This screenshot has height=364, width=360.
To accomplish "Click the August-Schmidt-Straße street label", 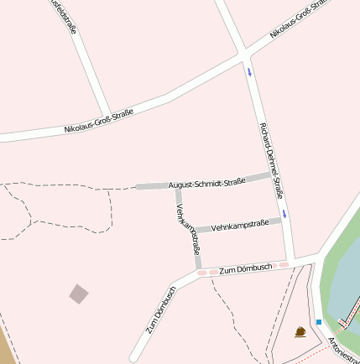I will (206, 181).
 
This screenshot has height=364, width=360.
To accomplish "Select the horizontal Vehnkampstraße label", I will (240, 225).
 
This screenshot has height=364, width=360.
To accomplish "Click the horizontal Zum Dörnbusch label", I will (245, 268).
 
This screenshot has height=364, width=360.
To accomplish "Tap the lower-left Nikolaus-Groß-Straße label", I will (99, 122).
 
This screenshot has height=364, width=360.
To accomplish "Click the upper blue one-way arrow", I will (249, 71).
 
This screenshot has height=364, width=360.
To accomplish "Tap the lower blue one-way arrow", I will (285, 214).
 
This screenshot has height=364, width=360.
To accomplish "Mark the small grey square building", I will (79, 294).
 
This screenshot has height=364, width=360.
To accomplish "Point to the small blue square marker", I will (319, 321).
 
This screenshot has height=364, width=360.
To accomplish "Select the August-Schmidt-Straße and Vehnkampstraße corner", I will (178, 186).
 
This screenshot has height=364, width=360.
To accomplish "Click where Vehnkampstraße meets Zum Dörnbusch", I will (200, 272).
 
